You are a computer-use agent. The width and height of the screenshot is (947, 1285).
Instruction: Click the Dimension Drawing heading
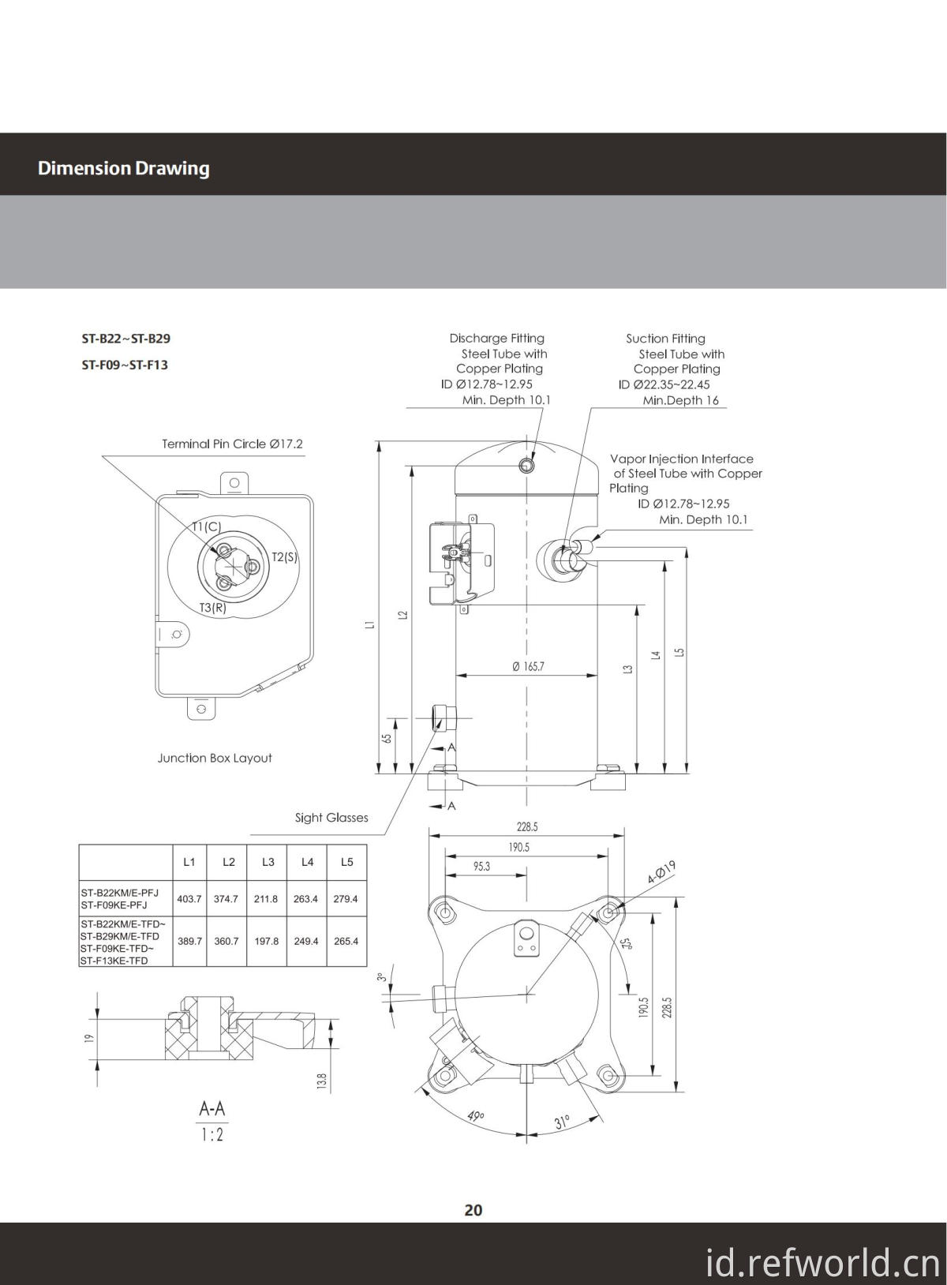[123, 168]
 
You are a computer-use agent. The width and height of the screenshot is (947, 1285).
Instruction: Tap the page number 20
[473, 1209]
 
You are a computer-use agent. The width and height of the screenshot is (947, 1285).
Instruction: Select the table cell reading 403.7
[189, 899]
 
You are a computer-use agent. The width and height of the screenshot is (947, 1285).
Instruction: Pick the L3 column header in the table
[268, 862]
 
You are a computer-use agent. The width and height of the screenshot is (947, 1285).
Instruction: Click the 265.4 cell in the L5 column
[346, 942]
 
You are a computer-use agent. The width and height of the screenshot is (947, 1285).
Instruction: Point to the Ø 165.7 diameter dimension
[528, 666]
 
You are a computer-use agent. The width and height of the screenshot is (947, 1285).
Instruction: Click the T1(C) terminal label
[207, 526]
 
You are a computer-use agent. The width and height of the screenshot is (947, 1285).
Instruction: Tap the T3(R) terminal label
[212, 608]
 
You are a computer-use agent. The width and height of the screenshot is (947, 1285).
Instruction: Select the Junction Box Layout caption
[215, 758]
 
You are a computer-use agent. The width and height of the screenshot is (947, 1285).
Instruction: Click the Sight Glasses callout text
[331, 818]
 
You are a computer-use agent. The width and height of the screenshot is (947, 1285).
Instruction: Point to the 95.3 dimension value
[481, 866]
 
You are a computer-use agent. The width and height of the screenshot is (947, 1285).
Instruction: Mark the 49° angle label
[475, 1116]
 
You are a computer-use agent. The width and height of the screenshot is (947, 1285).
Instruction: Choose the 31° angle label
[562, 1122]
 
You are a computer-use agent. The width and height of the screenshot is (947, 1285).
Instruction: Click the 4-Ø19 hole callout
[661, 872]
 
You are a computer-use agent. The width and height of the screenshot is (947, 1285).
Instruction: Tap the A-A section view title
[211, 1109]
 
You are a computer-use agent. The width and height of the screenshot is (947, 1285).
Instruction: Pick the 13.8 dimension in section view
[321, 1078]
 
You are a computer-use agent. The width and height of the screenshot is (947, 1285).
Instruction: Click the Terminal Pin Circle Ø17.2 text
[232, 444]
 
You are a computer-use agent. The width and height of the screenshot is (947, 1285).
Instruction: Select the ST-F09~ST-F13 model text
[125, 365]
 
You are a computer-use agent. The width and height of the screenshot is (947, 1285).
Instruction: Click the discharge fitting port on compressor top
[526, 466]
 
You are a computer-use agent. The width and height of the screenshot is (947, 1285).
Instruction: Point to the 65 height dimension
[387, 739]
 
